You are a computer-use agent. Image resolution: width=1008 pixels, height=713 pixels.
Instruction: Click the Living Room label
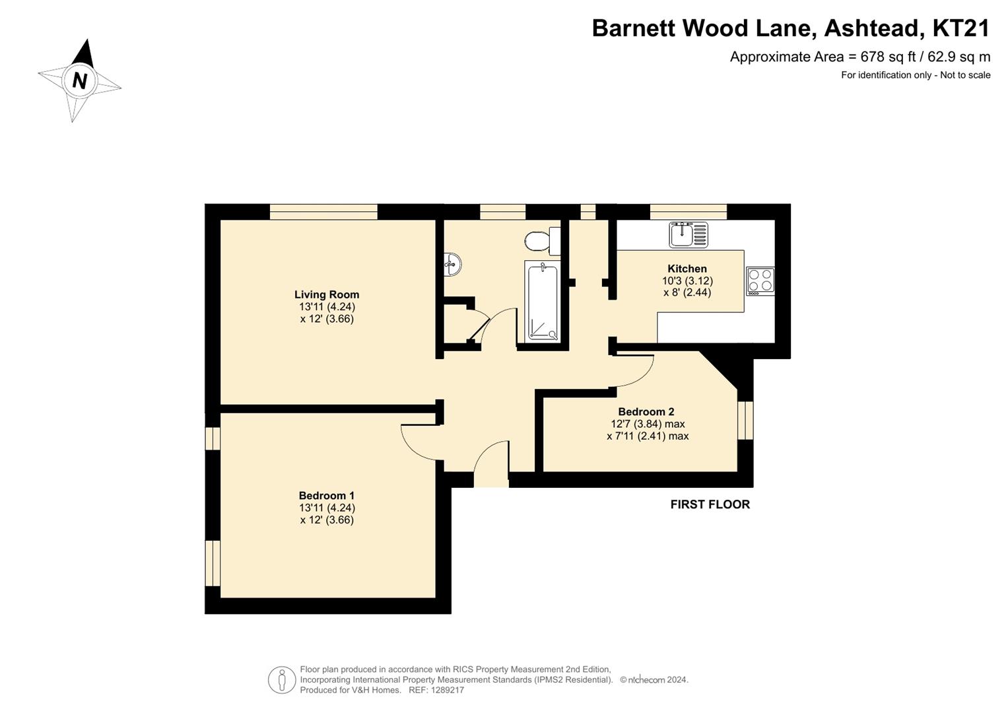coord(327,295)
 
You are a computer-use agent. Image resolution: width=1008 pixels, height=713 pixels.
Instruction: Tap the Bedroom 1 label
coord(327,496)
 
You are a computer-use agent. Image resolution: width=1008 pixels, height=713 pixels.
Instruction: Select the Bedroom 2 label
coord(646,411)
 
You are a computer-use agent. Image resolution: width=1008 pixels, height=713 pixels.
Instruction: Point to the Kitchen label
coord(687,269)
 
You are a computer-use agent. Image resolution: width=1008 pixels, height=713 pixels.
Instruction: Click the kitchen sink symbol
coord(689,234)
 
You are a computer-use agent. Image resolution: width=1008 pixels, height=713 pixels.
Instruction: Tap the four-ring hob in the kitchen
coord(760,281)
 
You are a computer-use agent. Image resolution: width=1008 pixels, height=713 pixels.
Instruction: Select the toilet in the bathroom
coord(542,241)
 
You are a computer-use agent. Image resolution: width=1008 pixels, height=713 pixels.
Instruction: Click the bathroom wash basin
coord(452,265)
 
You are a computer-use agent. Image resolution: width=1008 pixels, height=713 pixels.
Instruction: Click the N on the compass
coord(80,81)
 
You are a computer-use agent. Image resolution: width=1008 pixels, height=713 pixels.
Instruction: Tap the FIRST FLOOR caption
coord(710,504)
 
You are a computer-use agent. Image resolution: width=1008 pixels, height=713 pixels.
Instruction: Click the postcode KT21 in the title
coord(960,28)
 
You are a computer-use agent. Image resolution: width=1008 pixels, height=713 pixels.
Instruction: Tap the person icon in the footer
coord(282,680)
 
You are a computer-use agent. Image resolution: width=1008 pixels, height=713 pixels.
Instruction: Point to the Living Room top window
coord(323,211)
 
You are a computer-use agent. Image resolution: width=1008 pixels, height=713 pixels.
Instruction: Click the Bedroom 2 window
coord(745,420)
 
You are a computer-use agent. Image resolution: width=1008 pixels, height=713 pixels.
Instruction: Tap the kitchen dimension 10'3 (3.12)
coord(687,281)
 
